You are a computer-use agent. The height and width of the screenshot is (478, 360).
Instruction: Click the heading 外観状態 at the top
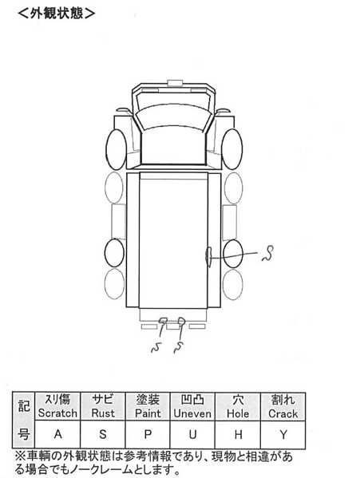tap(57, 13)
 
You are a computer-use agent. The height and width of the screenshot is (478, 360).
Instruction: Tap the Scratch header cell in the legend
tap(57, 406)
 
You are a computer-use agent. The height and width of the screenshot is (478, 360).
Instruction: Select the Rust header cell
tap(103, 406)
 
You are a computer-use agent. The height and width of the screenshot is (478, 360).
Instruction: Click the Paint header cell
tap(148, 406)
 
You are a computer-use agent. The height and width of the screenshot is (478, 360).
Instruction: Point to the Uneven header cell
tap(192, 406)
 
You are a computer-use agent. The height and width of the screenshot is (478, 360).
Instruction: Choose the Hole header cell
tap(238, 406)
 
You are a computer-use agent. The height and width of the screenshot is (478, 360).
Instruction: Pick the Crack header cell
tap(283, 406)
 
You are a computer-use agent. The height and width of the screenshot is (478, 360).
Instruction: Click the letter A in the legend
tap(57, 434)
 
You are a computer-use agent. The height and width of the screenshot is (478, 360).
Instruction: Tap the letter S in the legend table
tap(103, 434)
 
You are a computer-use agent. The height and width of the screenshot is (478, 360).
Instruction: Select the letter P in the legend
tap(148, 434)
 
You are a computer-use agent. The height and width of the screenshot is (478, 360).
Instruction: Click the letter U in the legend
tap(192, 434)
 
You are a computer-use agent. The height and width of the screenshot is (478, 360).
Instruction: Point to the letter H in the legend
tap(238, 434)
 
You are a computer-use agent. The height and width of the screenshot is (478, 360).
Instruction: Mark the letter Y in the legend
tap(283, 434)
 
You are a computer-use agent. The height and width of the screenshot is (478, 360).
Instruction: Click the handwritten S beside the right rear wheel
tap(268, 253)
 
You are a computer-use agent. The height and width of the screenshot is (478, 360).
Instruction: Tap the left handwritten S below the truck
tap(156, 347)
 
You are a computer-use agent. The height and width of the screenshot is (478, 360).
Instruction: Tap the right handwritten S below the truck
tap(180, 347)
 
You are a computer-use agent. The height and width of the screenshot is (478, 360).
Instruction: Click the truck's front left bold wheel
tap(116, 149)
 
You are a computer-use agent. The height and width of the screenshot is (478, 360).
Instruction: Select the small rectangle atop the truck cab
tap(175, 82)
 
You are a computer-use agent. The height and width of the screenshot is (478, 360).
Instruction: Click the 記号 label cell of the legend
tap(23, 420)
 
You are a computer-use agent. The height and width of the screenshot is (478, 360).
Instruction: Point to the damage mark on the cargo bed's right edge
tap(209, 257)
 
